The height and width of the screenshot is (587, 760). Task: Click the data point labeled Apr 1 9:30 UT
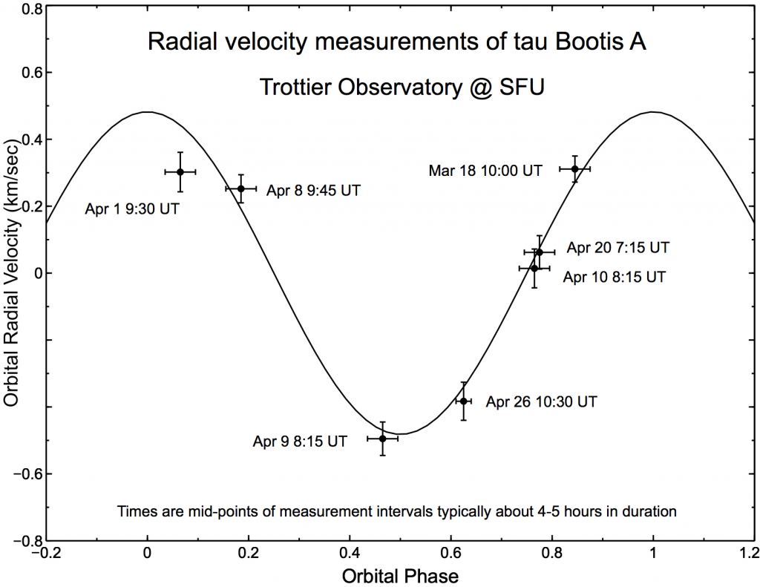180,171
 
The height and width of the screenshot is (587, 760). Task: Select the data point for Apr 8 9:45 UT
240,188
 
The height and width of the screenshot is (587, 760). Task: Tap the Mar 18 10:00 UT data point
574,168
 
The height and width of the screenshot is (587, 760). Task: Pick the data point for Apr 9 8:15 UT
382,439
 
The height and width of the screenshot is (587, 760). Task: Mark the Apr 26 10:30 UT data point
464,401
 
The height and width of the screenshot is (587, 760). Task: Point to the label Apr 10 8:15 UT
614,278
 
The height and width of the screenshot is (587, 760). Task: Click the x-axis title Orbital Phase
399,575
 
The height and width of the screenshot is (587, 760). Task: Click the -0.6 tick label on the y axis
29,473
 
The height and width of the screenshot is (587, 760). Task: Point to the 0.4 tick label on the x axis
350,554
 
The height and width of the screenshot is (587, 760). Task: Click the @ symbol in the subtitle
487,87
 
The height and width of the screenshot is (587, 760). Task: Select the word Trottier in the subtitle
292,87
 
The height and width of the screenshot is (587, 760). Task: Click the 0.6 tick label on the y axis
32,73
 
